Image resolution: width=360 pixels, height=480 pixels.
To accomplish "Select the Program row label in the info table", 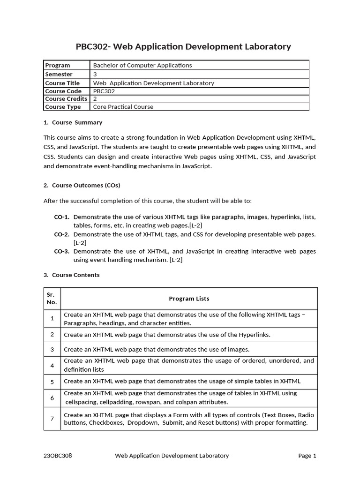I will pos(58,65).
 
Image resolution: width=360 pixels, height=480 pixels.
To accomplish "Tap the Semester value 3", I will pos(95,74).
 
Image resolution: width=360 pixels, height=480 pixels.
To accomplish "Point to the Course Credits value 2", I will pos(95,99).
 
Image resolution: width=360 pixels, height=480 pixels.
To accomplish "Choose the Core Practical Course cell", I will pos(123,107).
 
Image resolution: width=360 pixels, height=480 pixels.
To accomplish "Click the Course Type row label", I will pos(63,107).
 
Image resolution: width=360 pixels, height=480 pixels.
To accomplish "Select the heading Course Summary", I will pos(77,122).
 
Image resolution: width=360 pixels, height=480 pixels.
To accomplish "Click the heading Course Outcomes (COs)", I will pos(86,185).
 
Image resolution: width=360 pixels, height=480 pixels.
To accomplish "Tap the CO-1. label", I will pos(62,217).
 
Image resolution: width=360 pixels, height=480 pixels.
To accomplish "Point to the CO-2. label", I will pos(62,234).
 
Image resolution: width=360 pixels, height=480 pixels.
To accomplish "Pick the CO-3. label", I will pos(62,251).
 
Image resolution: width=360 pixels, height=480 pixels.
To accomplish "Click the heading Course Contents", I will pos(75,275).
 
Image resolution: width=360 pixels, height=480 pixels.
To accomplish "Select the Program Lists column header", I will pos(189,299).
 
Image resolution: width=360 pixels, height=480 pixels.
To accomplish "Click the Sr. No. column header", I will pos(52,299).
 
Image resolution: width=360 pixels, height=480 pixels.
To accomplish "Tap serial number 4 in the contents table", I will pos(52,365).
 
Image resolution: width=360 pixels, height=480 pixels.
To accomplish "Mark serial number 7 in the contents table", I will pos(52,419).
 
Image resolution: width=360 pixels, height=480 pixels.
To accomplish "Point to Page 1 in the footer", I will pos(307,455).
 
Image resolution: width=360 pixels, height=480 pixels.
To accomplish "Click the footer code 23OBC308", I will pos(58,455).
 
